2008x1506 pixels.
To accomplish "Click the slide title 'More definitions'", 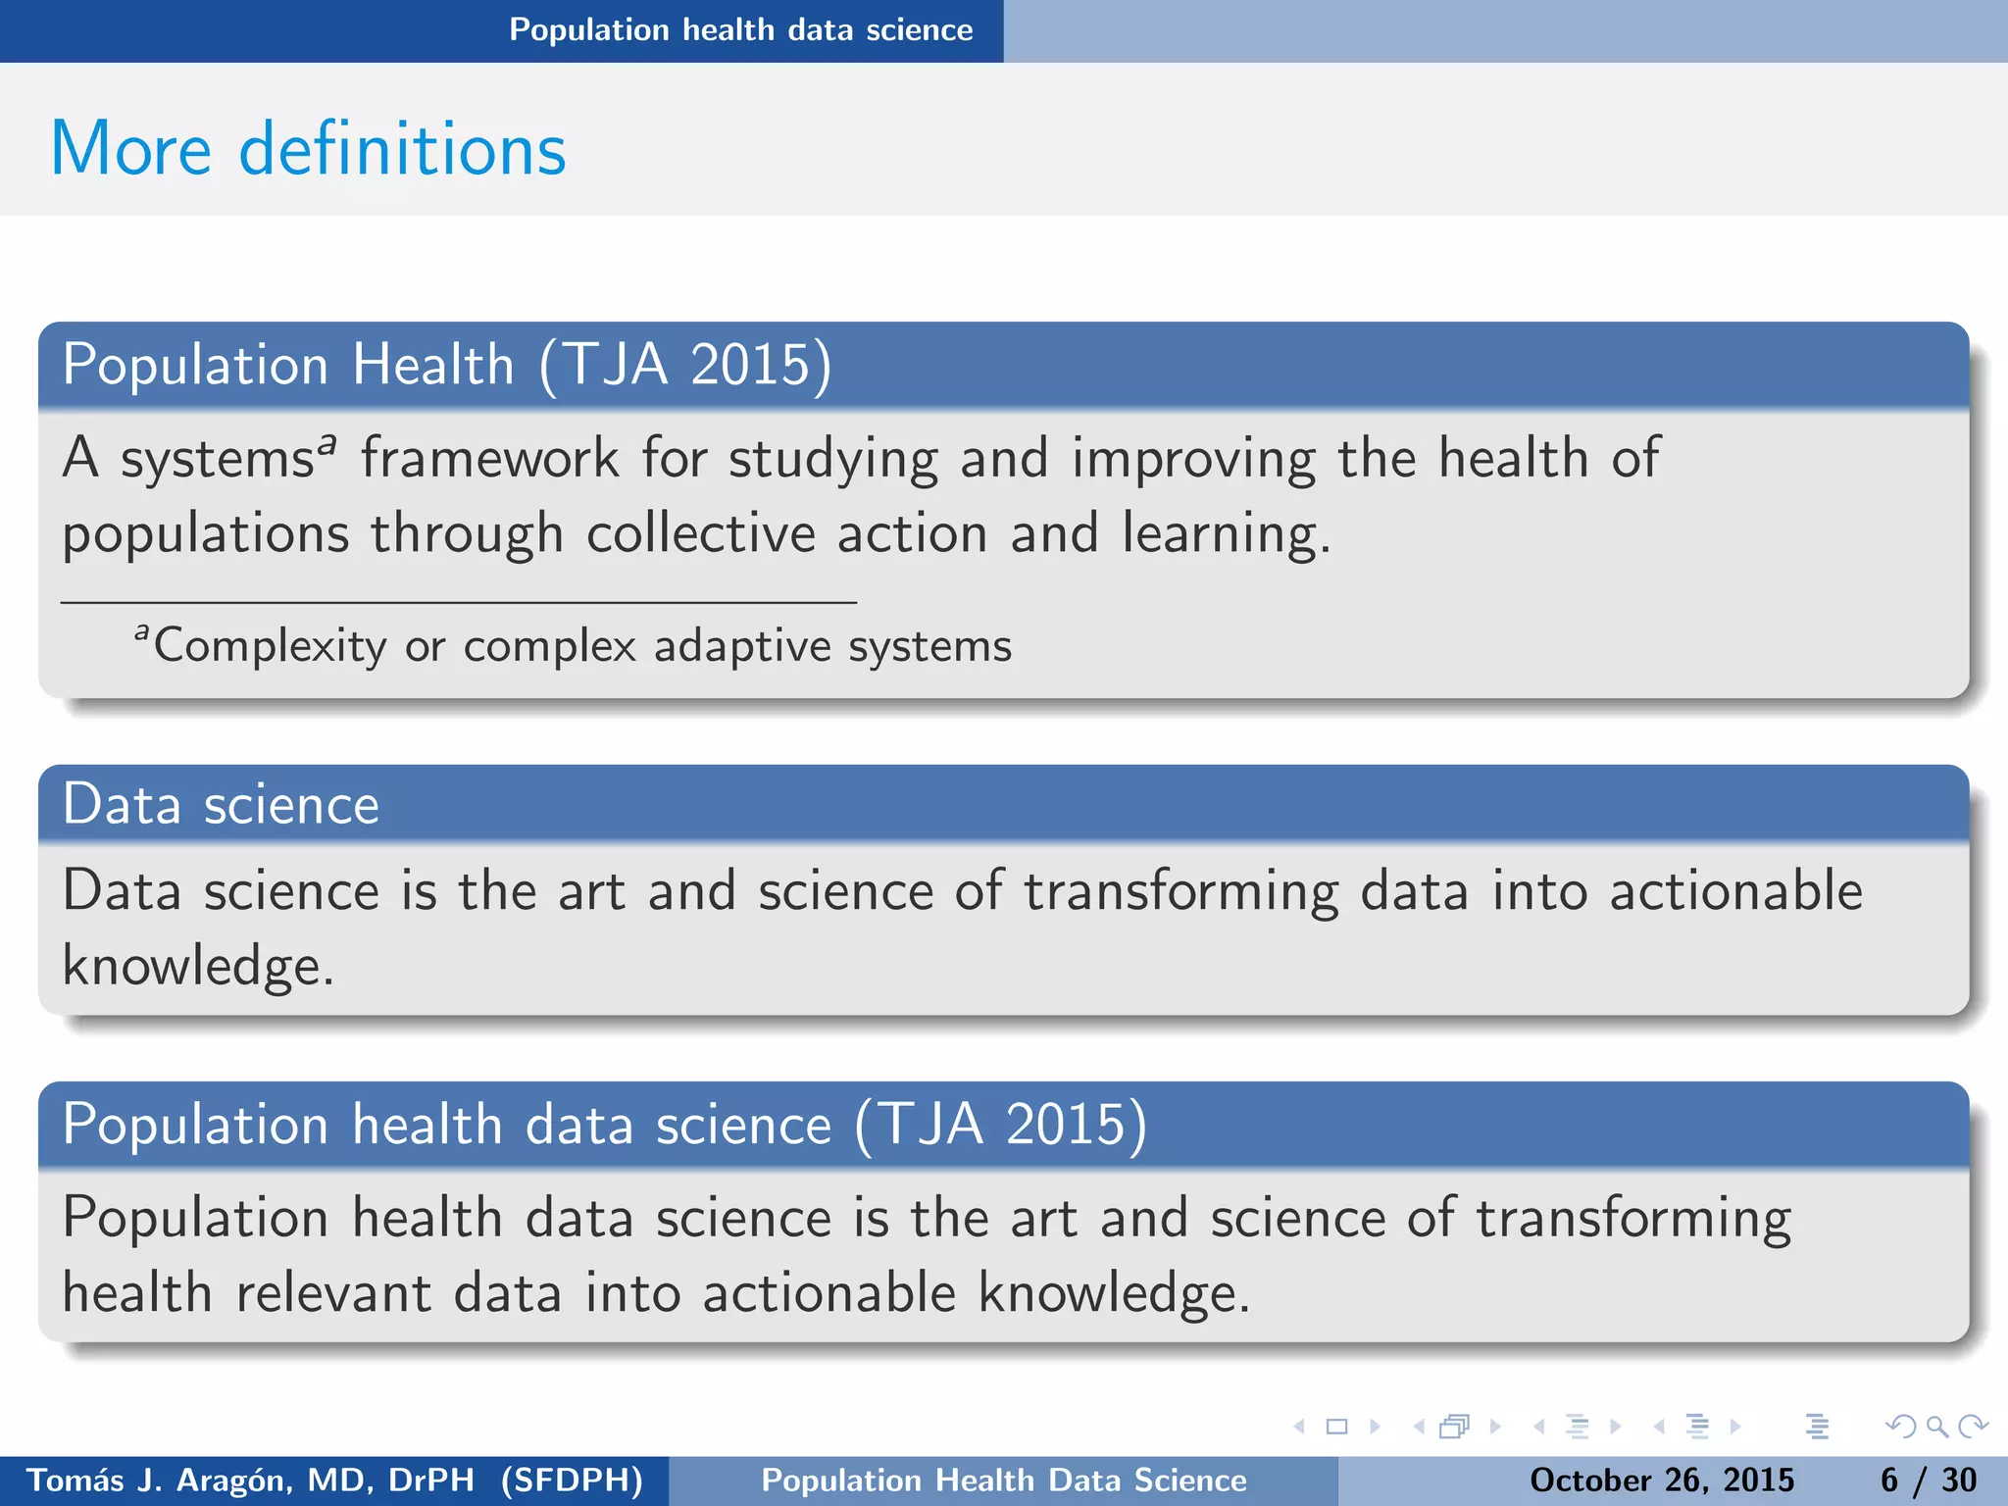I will [x=308, y=149].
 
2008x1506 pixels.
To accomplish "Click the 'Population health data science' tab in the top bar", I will [x=740, y=30].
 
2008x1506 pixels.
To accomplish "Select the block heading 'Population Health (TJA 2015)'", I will [x=447, y=365].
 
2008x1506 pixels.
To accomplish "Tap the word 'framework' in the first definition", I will [x=489, y=459].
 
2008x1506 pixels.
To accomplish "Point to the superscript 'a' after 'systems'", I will [x=326, y=444].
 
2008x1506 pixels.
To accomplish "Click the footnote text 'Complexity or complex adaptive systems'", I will [x=582, y=646].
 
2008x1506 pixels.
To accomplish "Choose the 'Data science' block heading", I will [x=221, y=805].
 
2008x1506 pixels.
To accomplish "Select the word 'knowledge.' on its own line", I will [x=198, y=967].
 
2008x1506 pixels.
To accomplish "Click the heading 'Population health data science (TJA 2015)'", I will [x=604, y=1124].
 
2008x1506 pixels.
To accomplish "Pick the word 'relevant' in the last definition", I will [x=333, y=1293].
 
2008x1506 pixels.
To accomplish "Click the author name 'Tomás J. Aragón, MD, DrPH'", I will [x=250, y=1481].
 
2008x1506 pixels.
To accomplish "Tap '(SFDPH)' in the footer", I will [x=572, y=1481].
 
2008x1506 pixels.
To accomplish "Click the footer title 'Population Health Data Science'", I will [x=1004, y=1481].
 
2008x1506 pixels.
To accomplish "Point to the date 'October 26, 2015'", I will [x=1662, y=1481].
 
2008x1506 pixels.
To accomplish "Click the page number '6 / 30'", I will [x=1928, y=1481].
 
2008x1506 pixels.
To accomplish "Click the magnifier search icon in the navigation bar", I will [x=1936, y=1427].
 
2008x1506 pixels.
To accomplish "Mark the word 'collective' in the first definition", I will [x=701, y=534].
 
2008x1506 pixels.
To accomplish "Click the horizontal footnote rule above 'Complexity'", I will [x=459, y=602].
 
